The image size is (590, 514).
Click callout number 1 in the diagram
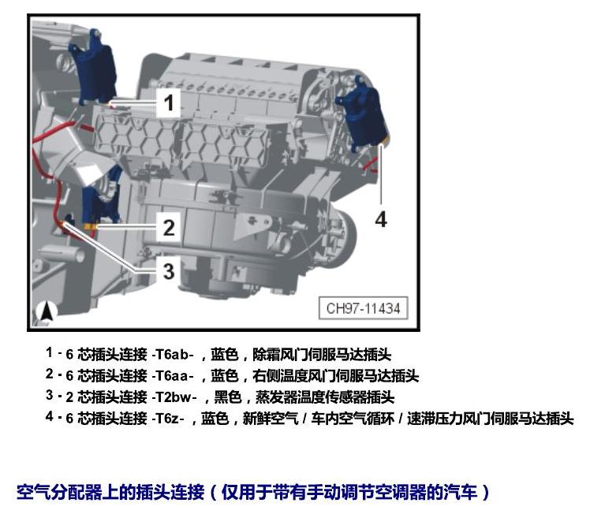(169, 102)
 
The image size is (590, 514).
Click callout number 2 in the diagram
(169, 228)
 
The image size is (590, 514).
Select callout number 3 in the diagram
(169, 271)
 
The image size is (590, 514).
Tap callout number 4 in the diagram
(381, 219)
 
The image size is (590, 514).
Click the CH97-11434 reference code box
(363, 308)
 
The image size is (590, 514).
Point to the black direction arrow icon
(47, 312)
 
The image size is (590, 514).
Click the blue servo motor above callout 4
(362, 112)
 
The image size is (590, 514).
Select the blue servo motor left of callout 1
(93, 68)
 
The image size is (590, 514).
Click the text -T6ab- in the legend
(173, 354)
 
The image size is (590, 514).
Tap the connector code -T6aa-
(173, 375)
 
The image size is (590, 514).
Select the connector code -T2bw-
(174, 397)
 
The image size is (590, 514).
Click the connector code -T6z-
(168, 419)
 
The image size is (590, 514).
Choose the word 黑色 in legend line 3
(228, 397)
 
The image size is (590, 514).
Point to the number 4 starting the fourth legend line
(49, 416)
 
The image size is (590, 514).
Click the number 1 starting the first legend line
(49, 352)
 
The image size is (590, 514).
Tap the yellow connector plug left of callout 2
(91, 226)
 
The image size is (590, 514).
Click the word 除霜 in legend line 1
(266, 354)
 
